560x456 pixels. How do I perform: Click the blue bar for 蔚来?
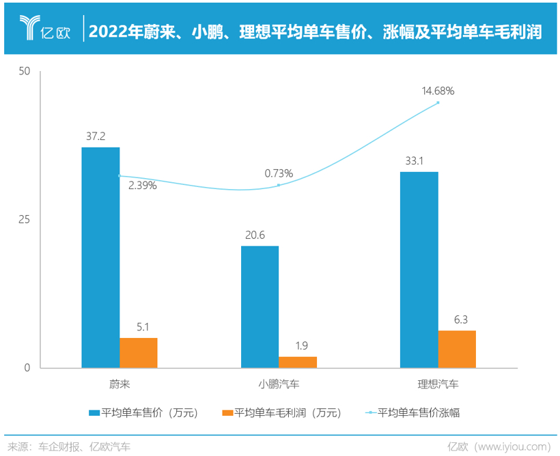(x=100, y=257)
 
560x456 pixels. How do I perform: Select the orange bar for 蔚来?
(x=139, y=353)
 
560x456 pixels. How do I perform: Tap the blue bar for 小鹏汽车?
(x=260, y=307)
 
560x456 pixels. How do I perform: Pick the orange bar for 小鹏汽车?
(x=298, y=362)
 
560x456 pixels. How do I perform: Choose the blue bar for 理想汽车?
(x=419, y=270)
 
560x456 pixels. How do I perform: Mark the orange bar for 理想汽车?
(x=457, y=349)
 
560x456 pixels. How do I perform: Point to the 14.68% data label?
(x=438, y=90)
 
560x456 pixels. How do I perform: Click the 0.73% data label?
(x=279, y=173)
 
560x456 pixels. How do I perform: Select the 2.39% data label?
(x=142, y=185)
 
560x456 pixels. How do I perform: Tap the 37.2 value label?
(x=96, y=137)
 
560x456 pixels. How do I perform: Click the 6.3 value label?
(x=461, y=319)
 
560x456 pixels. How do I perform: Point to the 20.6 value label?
(x=255, y=235)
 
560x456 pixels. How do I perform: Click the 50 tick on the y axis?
(x=25, y=72)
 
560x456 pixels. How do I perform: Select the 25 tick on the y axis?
(x=25, y=220)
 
